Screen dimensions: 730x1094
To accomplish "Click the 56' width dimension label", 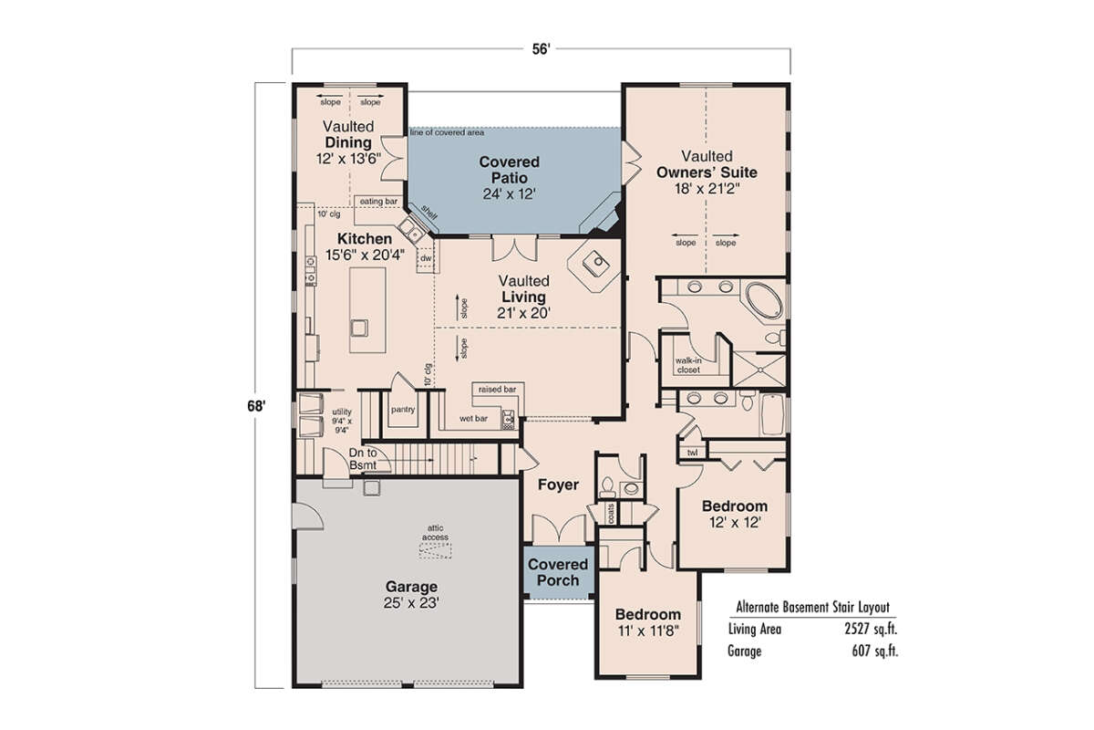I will (x=542, y=52).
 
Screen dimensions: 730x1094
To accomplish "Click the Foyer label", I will (x=557, y=485).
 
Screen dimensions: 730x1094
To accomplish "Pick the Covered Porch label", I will (x=558, y=572).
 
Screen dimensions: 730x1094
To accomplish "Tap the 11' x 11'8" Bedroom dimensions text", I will (x=647, y=631).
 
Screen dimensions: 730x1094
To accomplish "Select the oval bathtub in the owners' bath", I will (x=760, y=300).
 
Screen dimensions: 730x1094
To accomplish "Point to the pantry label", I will (x=403, y=410).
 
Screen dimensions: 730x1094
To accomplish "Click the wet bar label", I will (x=472, y=420).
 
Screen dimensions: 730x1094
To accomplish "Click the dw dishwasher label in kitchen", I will (x=425, y=259).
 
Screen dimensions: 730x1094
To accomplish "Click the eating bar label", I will (x=377, y=200).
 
